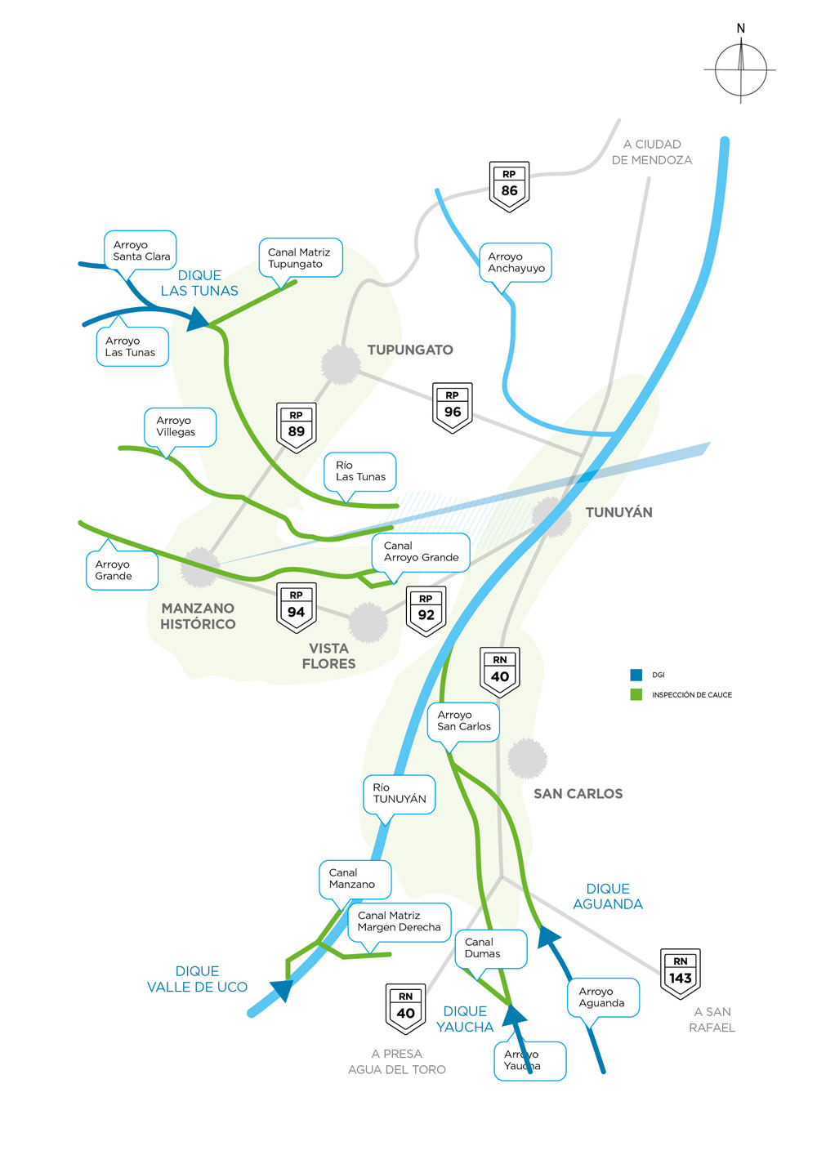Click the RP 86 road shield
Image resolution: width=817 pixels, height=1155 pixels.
(x=509, y=185)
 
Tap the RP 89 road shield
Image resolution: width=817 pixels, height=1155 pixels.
(x=296, y=426)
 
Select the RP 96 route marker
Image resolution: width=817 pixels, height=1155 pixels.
(x=452, y=407)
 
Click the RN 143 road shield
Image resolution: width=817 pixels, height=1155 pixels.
(x=681, y=973)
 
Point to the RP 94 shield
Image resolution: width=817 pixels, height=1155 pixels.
(x=296, y=607)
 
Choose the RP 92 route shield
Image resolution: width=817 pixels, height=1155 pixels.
(x=426, y=610)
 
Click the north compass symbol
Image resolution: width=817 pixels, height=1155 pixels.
(x=741, y=69)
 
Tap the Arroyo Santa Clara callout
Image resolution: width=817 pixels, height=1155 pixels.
(x=141, y=250)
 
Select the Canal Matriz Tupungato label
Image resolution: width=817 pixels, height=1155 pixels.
(x=300, y=257)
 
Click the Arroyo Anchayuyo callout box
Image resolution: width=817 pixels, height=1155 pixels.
(x=516, y=262)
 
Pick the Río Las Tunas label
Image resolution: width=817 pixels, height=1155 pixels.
(x=360, y=471)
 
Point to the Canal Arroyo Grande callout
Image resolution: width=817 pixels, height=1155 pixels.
(x=421, y=552)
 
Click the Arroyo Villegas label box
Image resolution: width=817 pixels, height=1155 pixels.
(x=180, y=426)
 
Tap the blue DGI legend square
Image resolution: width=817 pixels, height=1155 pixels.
(x=636, y=675)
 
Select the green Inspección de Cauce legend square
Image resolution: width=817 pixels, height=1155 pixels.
(x=636, y=694)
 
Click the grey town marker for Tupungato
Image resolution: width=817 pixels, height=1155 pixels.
(x=341, y=364)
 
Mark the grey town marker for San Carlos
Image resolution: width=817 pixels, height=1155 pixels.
(x=527, y=758)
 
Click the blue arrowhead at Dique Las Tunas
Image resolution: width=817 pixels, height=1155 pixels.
(x=199, y=318)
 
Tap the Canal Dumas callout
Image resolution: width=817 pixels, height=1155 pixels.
(x=490, y=948)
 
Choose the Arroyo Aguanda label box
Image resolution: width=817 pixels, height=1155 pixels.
(x=603, y=997)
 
